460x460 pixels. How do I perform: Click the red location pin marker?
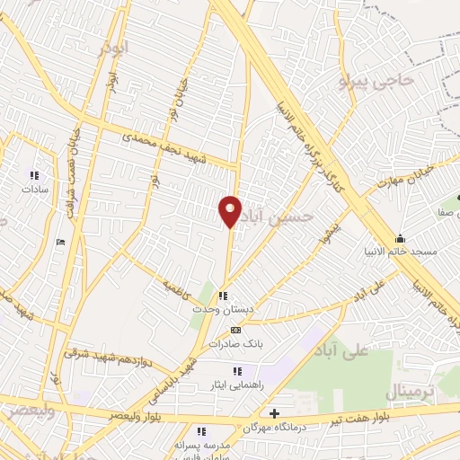(230, 212)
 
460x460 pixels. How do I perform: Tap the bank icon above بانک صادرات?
(235, 330)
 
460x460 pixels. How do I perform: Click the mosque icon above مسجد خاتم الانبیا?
(400, 238)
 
